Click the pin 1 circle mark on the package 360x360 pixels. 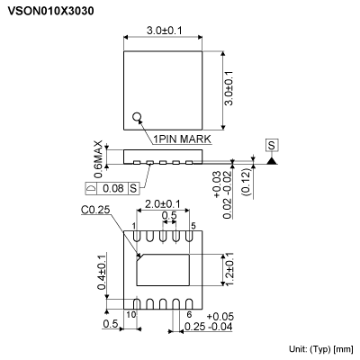point(138,117)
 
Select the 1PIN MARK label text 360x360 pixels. point(183,139)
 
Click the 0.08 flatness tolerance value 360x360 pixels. point(112,188)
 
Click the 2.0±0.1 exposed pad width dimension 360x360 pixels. point(164,203)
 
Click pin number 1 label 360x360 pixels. point(132,226)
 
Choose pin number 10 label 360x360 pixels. point(130,314)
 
